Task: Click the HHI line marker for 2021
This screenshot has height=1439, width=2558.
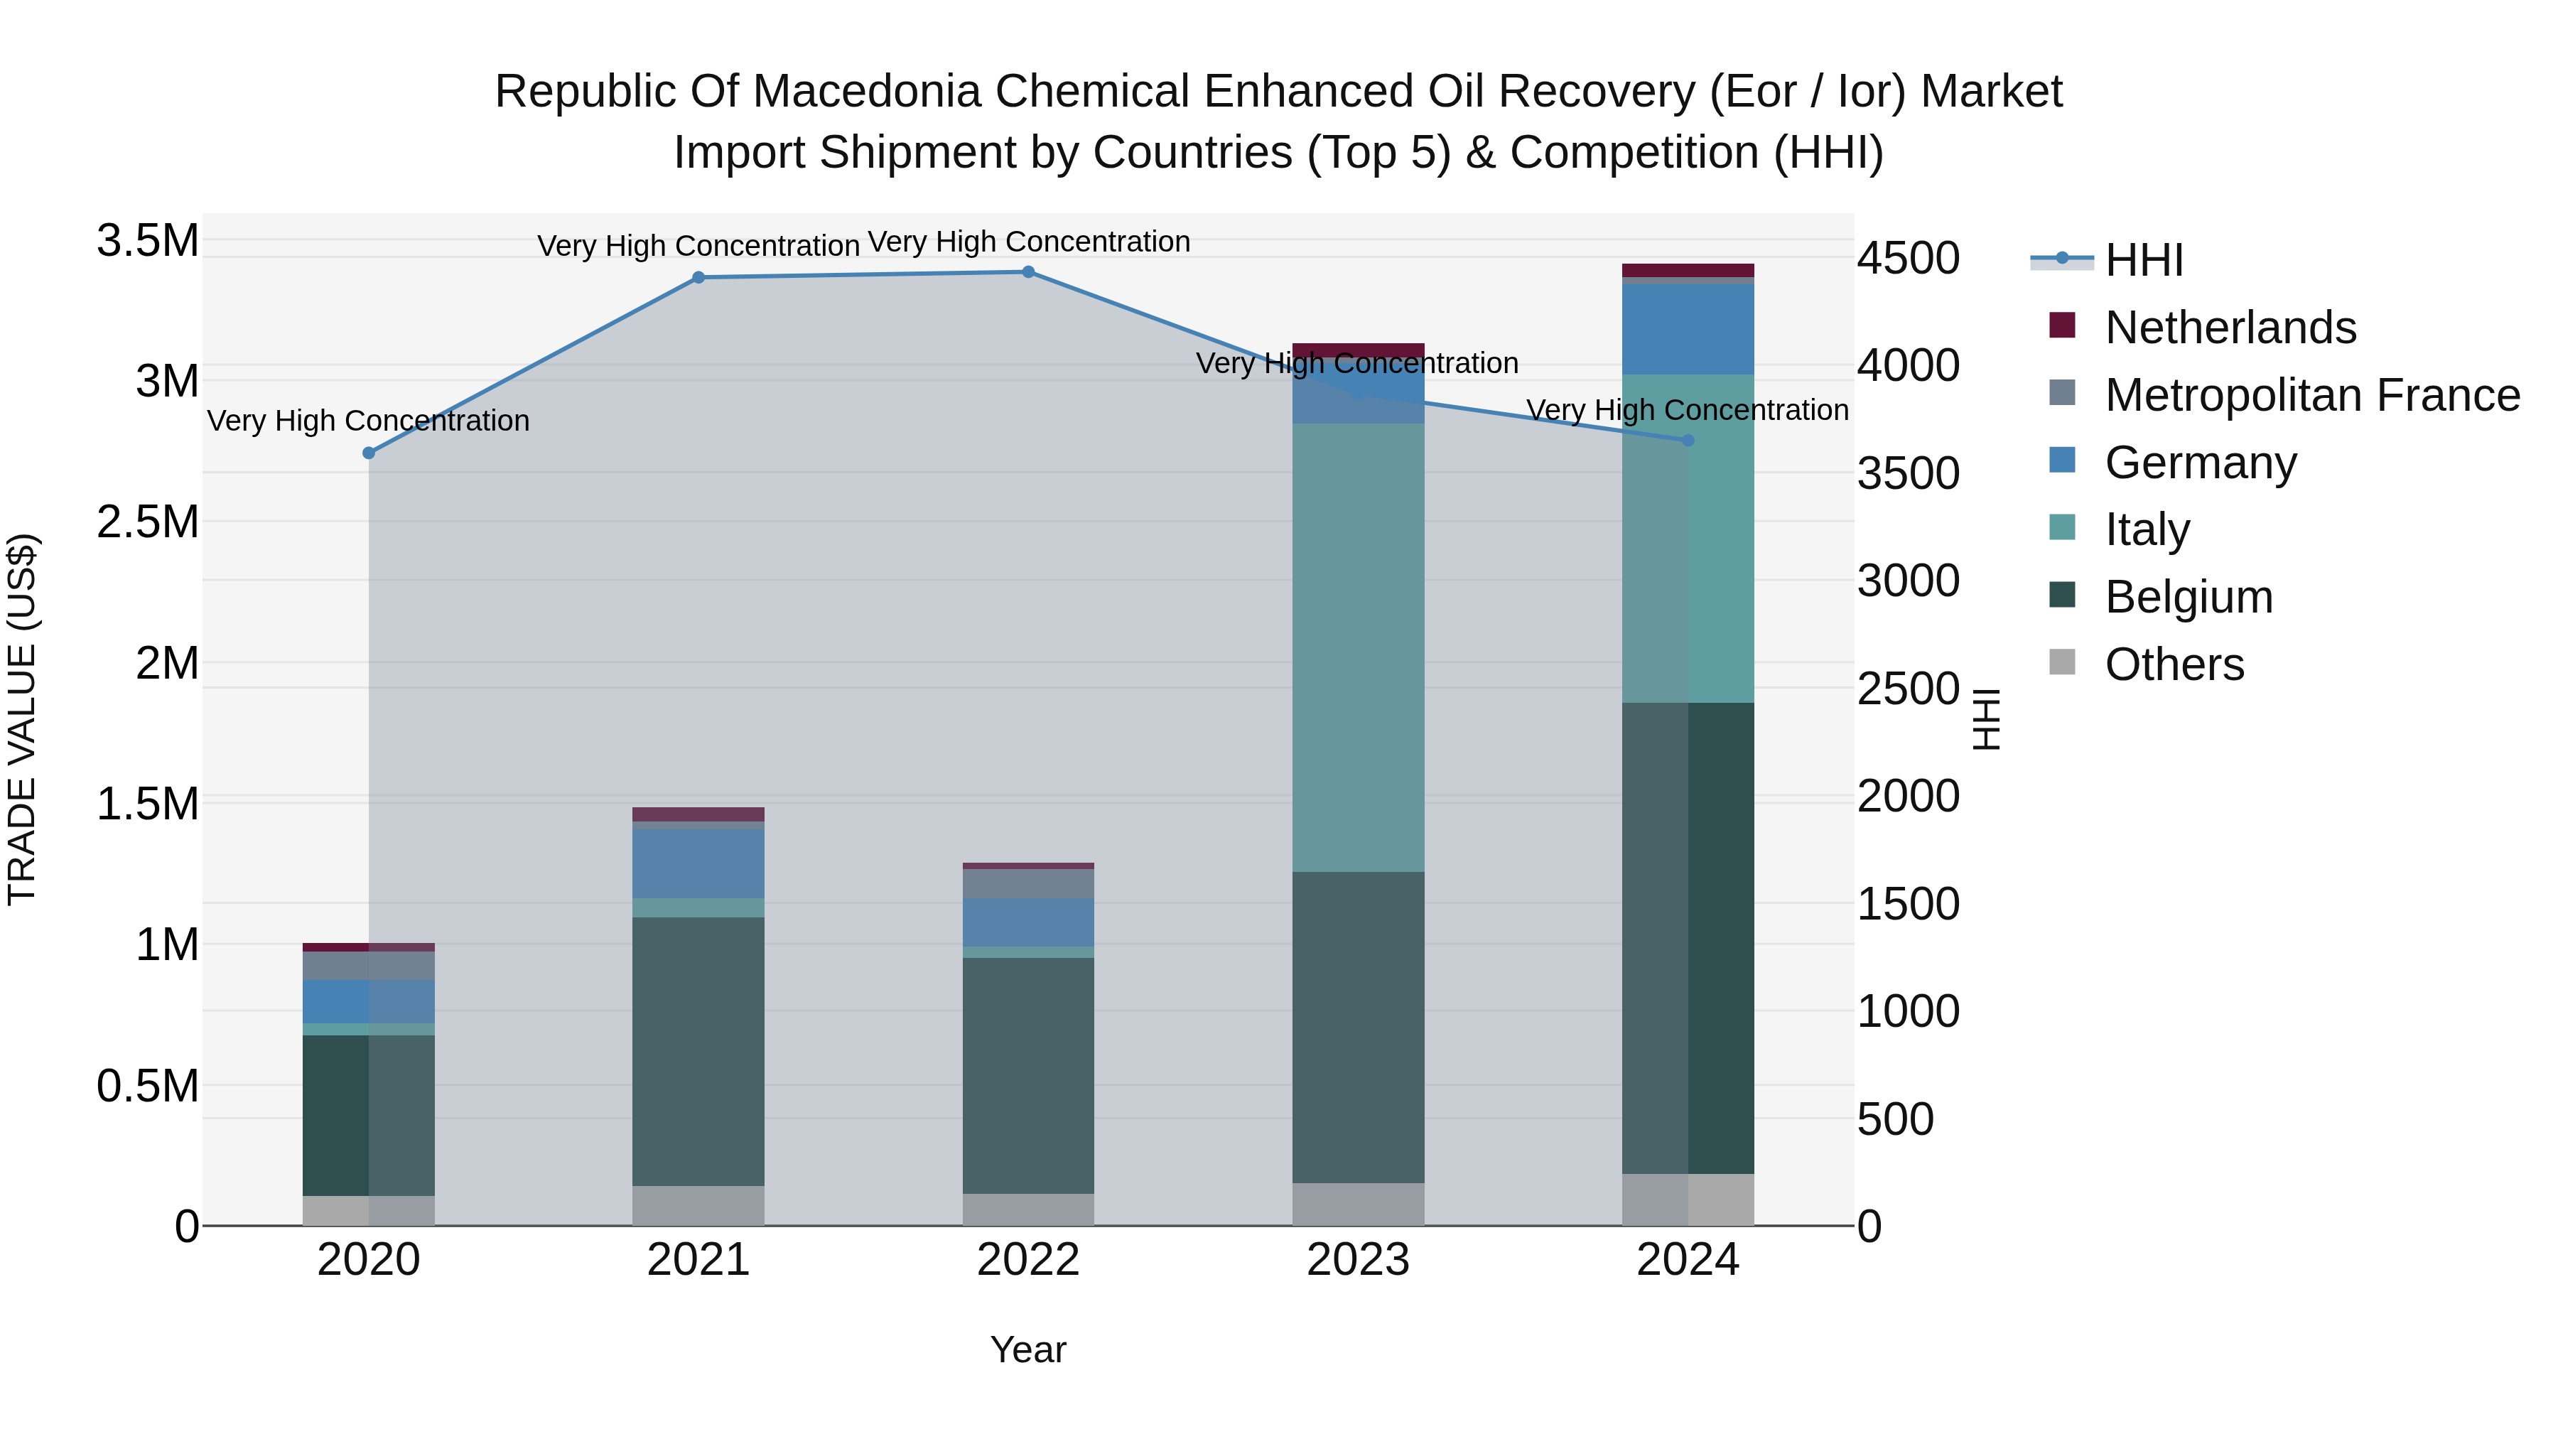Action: pyautogui.click(x=698, y=277)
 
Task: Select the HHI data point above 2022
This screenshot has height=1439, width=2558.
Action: pyautogui.click(x=1027, y=271)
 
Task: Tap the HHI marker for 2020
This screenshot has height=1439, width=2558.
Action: pyautogui.click(x=368, y=453)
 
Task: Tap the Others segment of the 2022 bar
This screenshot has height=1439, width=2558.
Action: pyautogui.click(x=1027, y=1209)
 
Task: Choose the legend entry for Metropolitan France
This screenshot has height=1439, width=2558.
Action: pyautogui.click(x=2311, y=395)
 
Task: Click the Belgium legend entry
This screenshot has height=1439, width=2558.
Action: pyautogui.click(x=2188, y=597)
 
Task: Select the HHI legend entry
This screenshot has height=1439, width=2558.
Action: pyautogui.click(x=2143, y=260)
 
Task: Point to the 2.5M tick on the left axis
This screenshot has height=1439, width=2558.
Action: pyautogui.click(x=148, y=522)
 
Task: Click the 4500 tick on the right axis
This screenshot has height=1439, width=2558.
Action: pyautogui.click(x=1908, y=258)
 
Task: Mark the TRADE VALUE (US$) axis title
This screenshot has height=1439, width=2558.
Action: pyautogui.click(x=22, y=719)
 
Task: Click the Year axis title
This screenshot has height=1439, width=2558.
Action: pyautogui.click(x=1027, y=1349)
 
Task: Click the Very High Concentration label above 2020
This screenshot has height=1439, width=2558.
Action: pyautogui.click(x=368, y=421)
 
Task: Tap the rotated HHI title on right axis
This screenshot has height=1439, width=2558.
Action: pyautogui.click(x=1985, y=719)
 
